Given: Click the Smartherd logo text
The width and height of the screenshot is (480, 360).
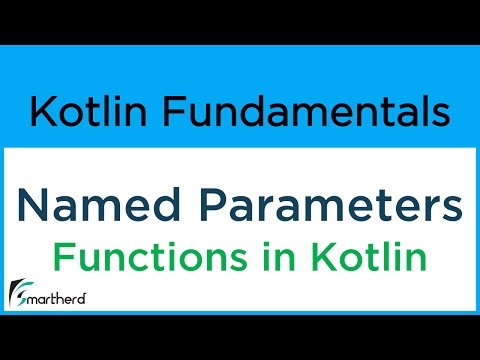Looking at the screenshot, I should coord(61,299).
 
